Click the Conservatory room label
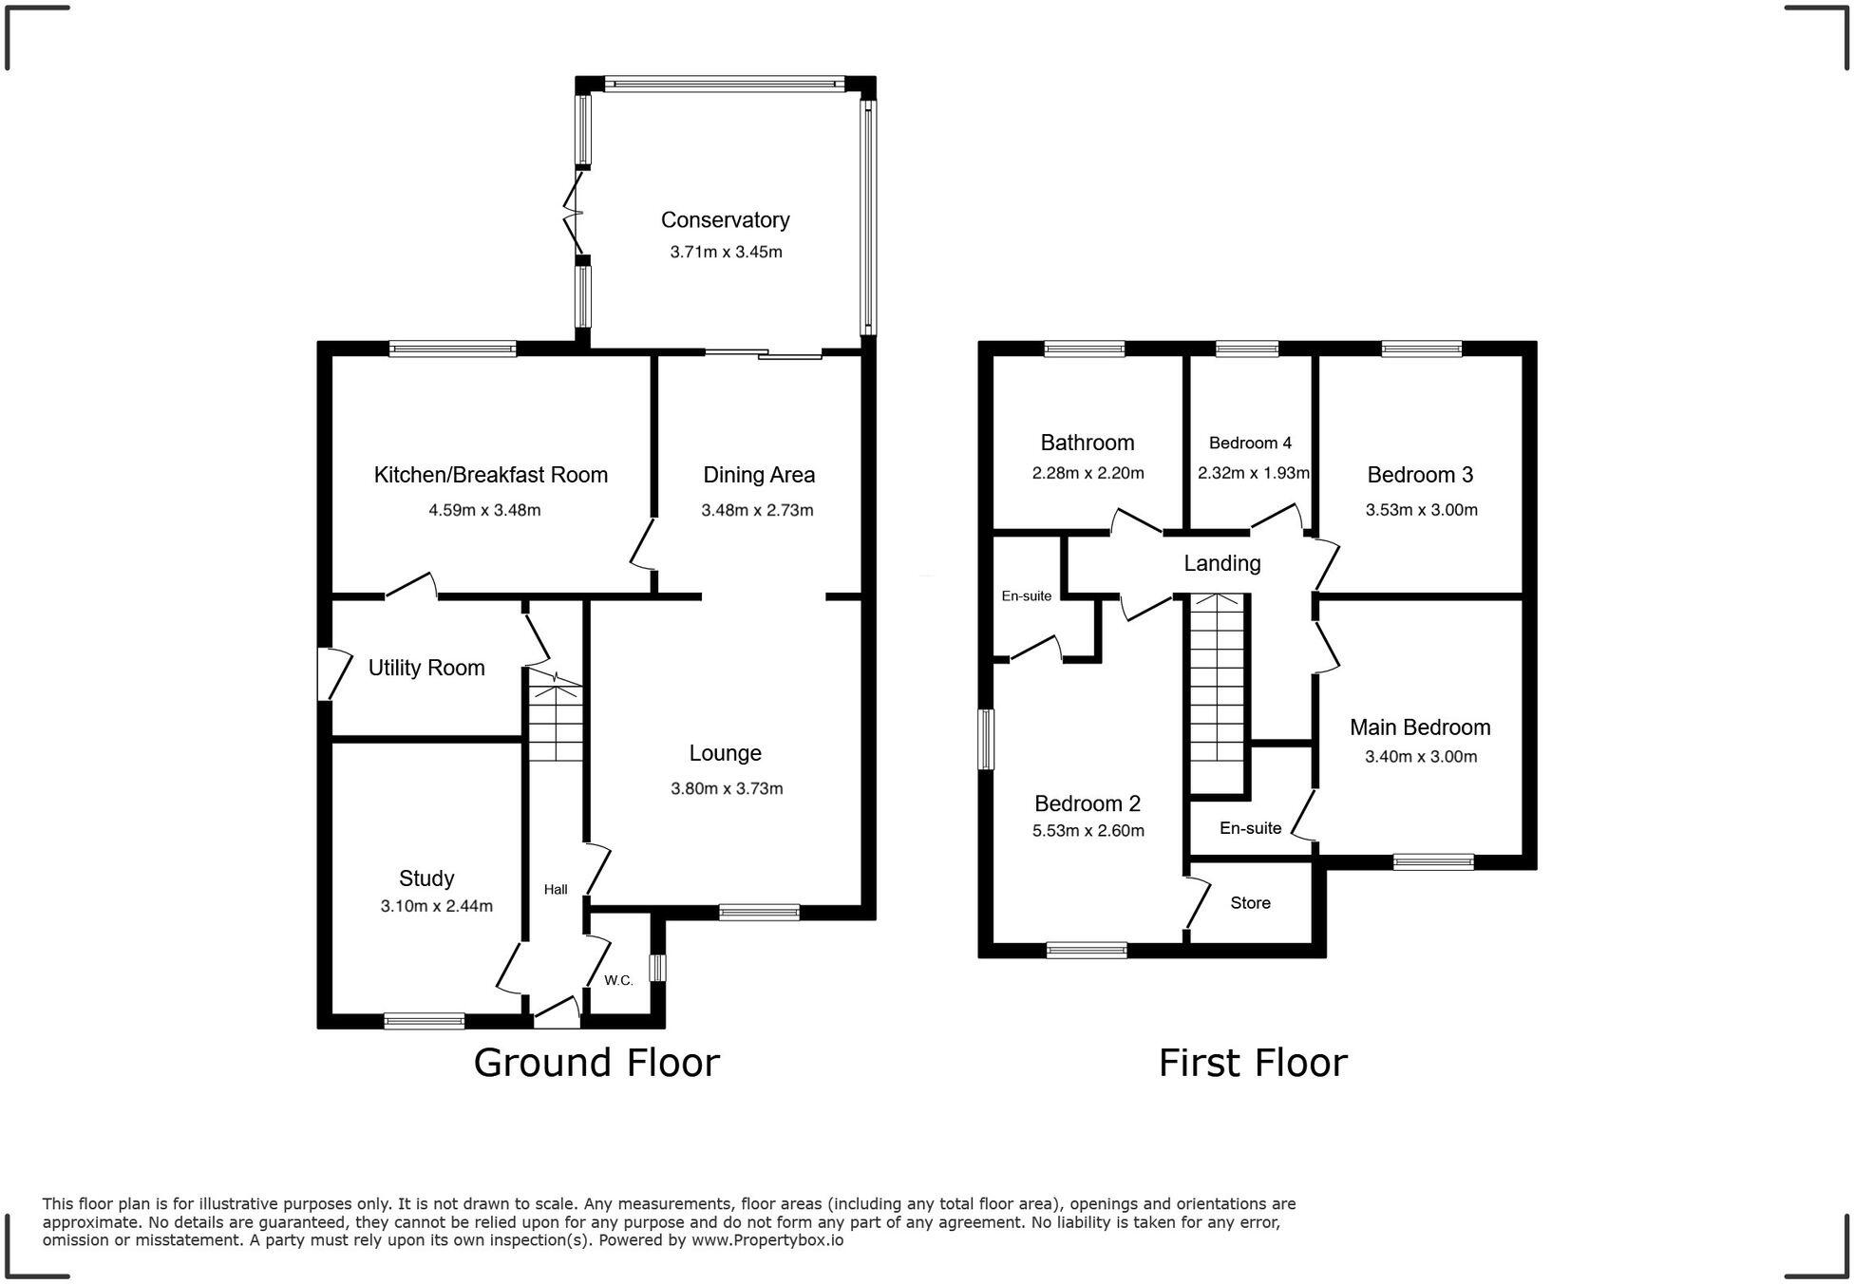click(x=725, y=220)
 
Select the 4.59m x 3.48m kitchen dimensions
click(x=484, y=510)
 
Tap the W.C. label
click(x=618, y=980)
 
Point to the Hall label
click(x=556, y=889)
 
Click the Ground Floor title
click(x=596, y=1063)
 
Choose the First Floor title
click(x=1252, y=1063)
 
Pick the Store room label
click(x=1250, y=902)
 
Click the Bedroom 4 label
click(x=1250, y=443)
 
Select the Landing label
click(x=1221, y=563)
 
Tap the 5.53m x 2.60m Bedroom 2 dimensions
click(x=1088, y=831)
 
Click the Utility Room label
click(x=426, y=668)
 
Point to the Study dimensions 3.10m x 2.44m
click(x=436, y=906)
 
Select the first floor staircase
click(x=1216, y=693)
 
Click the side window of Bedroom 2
click(x=987, y=739)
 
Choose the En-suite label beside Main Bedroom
click(x=1250, y=828)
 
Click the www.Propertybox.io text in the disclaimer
click(x=766, y=1240)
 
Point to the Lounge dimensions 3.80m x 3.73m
click(x=727, y=788)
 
